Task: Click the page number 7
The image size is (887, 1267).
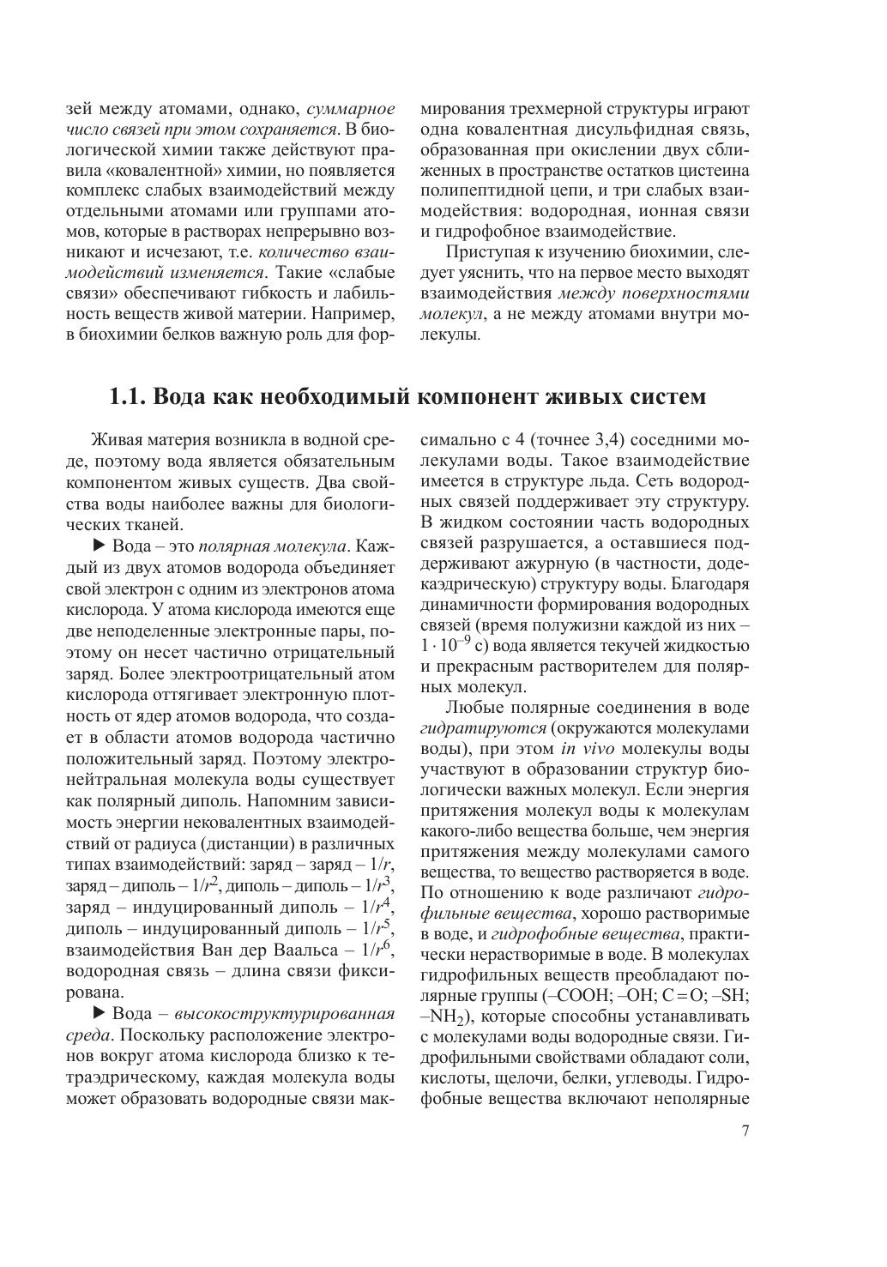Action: [x=745, y=1130]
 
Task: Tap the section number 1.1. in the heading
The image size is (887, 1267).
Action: [x=130, y=397]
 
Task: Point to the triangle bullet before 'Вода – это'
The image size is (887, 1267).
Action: [x=98, y=546]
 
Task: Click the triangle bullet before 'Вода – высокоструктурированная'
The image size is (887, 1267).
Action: [x=98, y=1013]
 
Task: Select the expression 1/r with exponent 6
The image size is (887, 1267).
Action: [x=377, y=950]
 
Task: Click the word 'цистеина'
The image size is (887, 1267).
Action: [x=707, y=171]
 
